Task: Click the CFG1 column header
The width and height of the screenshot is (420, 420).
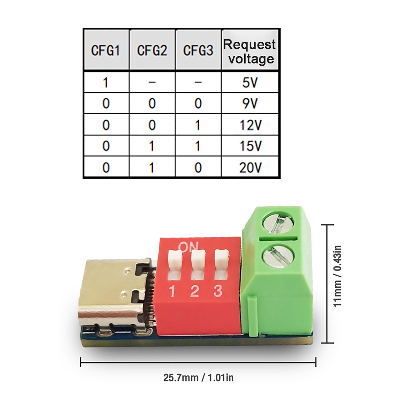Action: tap(106, 50)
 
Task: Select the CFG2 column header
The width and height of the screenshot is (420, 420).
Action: tap(152, 50)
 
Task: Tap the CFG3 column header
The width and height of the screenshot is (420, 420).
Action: tap(198, 50)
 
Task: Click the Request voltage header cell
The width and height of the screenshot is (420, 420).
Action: tap(250, 50)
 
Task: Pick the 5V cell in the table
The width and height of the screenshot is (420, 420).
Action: tap(250, 82)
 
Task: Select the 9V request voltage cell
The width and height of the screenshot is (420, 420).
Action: tap(250, 103)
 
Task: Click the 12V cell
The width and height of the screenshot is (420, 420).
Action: tap(250, 125)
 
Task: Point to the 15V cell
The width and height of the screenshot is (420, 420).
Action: tap(250, 146)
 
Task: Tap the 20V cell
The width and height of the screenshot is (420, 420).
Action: tap(250, 167)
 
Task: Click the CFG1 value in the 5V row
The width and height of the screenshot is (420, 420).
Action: tap(106, 82)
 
